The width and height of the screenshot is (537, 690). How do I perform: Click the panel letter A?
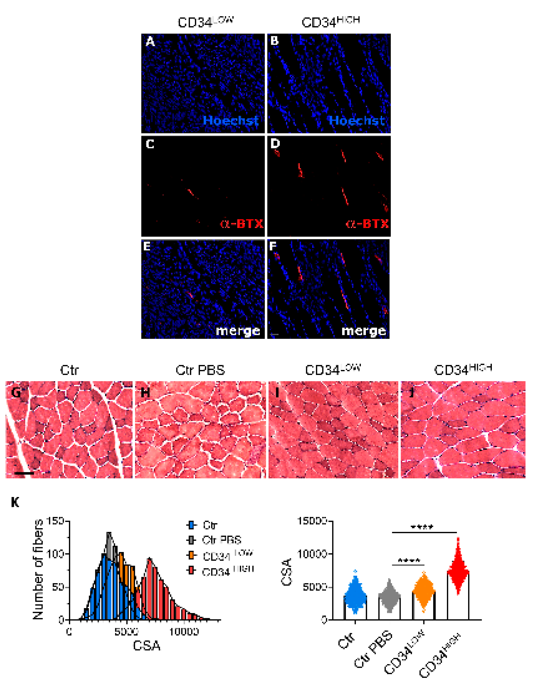150,42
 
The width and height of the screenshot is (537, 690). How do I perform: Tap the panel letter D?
275,144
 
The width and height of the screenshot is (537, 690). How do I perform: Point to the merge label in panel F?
364,331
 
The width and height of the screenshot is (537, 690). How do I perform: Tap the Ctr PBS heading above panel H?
200,370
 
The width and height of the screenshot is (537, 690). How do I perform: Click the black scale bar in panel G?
24,474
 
